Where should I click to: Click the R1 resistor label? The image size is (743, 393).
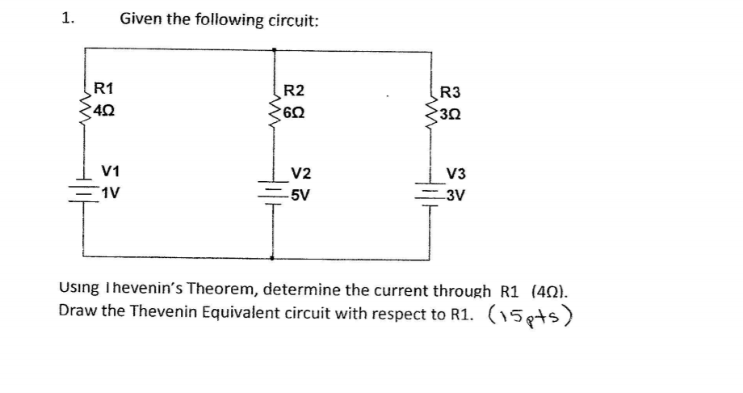point(104,87)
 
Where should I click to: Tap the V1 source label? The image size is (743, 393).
point(111,171)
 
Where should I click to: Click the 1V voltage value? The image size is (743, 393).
point(111,192)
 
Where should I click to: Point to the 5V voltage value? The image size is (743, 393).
point(300,196)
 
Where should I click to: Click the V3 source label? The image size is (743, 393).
point(456,174)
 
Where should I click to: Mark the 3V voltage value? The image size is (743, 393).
point(455,196)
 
